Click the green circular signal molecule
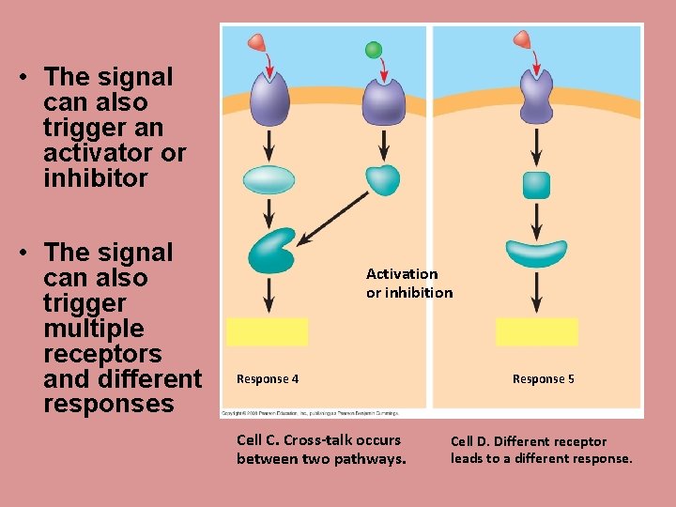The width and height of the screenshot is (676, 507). [x=374, y=50]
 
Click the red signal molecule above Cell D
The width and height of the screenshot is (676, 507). [x=521, y=39]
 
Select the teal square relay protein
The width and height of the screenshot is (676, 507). [x=536, y=185]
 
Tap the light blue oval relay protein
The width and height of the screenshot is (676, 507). [x=269, y=179]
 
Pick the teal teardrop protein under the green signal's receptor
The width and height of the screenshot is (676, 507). [x=382, y=178]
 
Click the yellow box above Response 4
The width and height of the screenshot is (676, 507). [x=268, y=331]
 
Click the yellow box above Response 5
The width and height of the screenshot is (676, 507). [x=536, y=331]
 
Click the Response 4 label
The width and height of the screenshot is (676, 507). [x=268, y=379]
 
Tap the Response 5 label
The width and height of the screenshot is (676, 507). [x=543, y=379]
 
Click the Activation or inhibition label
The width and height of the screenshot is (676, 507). [x=408, y=283]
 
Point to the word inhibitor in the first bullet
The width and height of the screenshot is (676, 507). [x=96, y=178]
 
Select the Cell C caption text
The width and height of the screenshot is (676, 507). [x=320, y=449]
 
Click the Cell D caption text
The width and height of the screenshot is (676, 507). [x=541, y=450]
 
